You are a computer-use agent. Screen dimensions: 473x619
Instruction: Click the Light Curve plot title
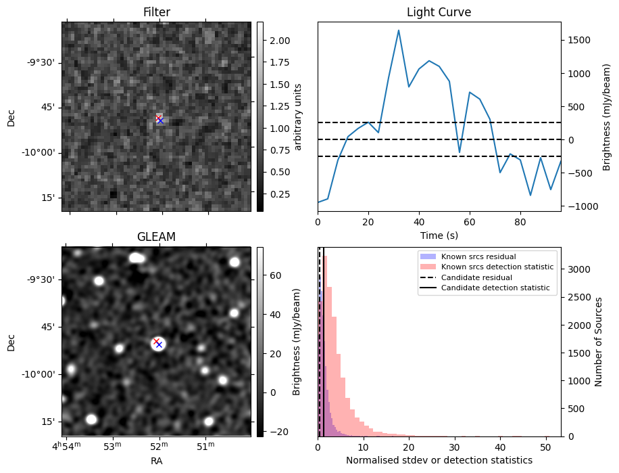coord(439,12)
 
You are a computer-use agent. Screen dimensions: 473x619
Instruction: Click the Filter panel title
coord(156,12)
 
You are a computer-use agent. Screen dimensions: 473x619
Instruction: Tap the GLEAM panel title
coord(156,237)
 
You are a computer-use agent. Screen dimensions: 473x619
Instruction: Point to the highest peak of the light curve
coord(399,30)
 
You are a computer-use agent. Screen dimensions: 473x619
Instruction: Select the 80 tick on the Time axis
coord(520,221)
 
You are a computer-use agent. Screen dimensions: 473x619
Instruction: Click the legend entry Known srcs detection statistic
coord(497,267)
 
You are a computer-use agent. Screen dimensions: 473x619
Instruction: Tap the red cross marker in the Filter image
coord(157,118)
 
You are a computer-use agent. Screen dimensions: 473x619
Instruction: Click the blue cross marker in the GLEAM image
coord(159,344)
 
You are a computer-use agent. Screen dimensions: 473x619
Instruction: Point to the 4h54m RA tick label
coord(67,445)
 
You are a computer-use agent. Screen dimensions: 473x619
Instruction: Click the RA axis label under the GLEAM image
coord(156,461)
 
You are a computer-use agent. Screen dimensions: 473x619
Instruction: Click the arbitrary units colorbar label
coord(298,116)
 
